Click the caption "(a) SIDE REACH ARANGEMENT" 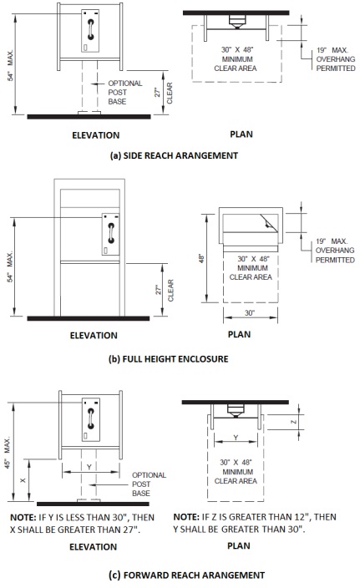coord(174,155)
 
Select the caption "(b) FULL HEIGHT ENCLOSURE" coord(169,359)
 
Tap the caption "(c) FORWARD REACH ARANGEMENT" coord(187,575)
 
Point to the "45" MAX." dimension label coord(8,453)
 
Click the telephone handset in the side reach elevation coord(90,29)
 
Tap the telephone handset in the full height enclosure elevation coord(110,233)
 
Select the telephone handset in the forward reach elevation coord(90,418)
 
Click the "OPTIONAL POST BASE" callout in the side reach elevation coord(125,92)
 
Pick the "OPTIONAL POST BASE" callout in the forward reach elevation coord(149,484)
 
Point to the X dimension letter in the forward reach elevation coord(23,480)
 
